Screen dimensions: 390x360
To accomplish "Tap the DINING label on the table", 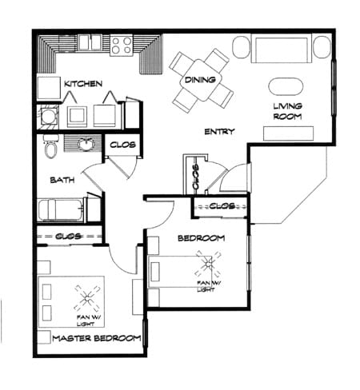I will (198, 79).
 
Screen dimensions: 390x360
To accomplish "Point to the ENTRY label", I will (218, 132).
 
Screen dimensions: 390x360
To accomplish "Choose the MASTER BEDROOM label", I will (96, 338).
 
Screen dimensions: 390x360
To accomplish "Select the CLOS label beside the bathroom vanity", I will (121, 145).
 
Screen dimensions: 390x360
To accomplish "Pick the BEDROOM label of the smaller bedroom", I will (202, 238).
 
